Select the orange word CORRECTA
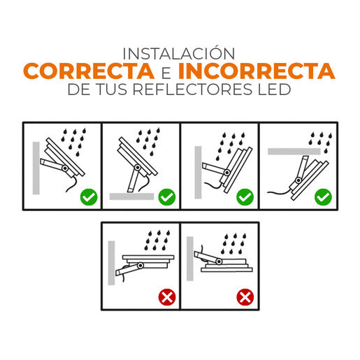(x=88, y=71)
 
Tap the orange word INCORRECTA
(x=256, y=71)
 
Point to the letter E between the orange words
(x=165, y=72)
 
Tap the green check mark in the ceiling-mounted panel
(x=322, y=197)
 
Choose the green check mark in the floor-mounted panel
(x=166, y=197)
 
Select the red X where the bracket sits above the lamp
(x=245, y=298)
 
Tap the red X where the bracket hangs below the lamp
(x=166, y=298)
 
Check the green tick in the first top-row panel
(x=88, y=197)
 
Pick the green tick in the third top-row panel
(x=245, y=197)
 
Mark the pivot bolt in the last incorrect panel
(x=218, y=261)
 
